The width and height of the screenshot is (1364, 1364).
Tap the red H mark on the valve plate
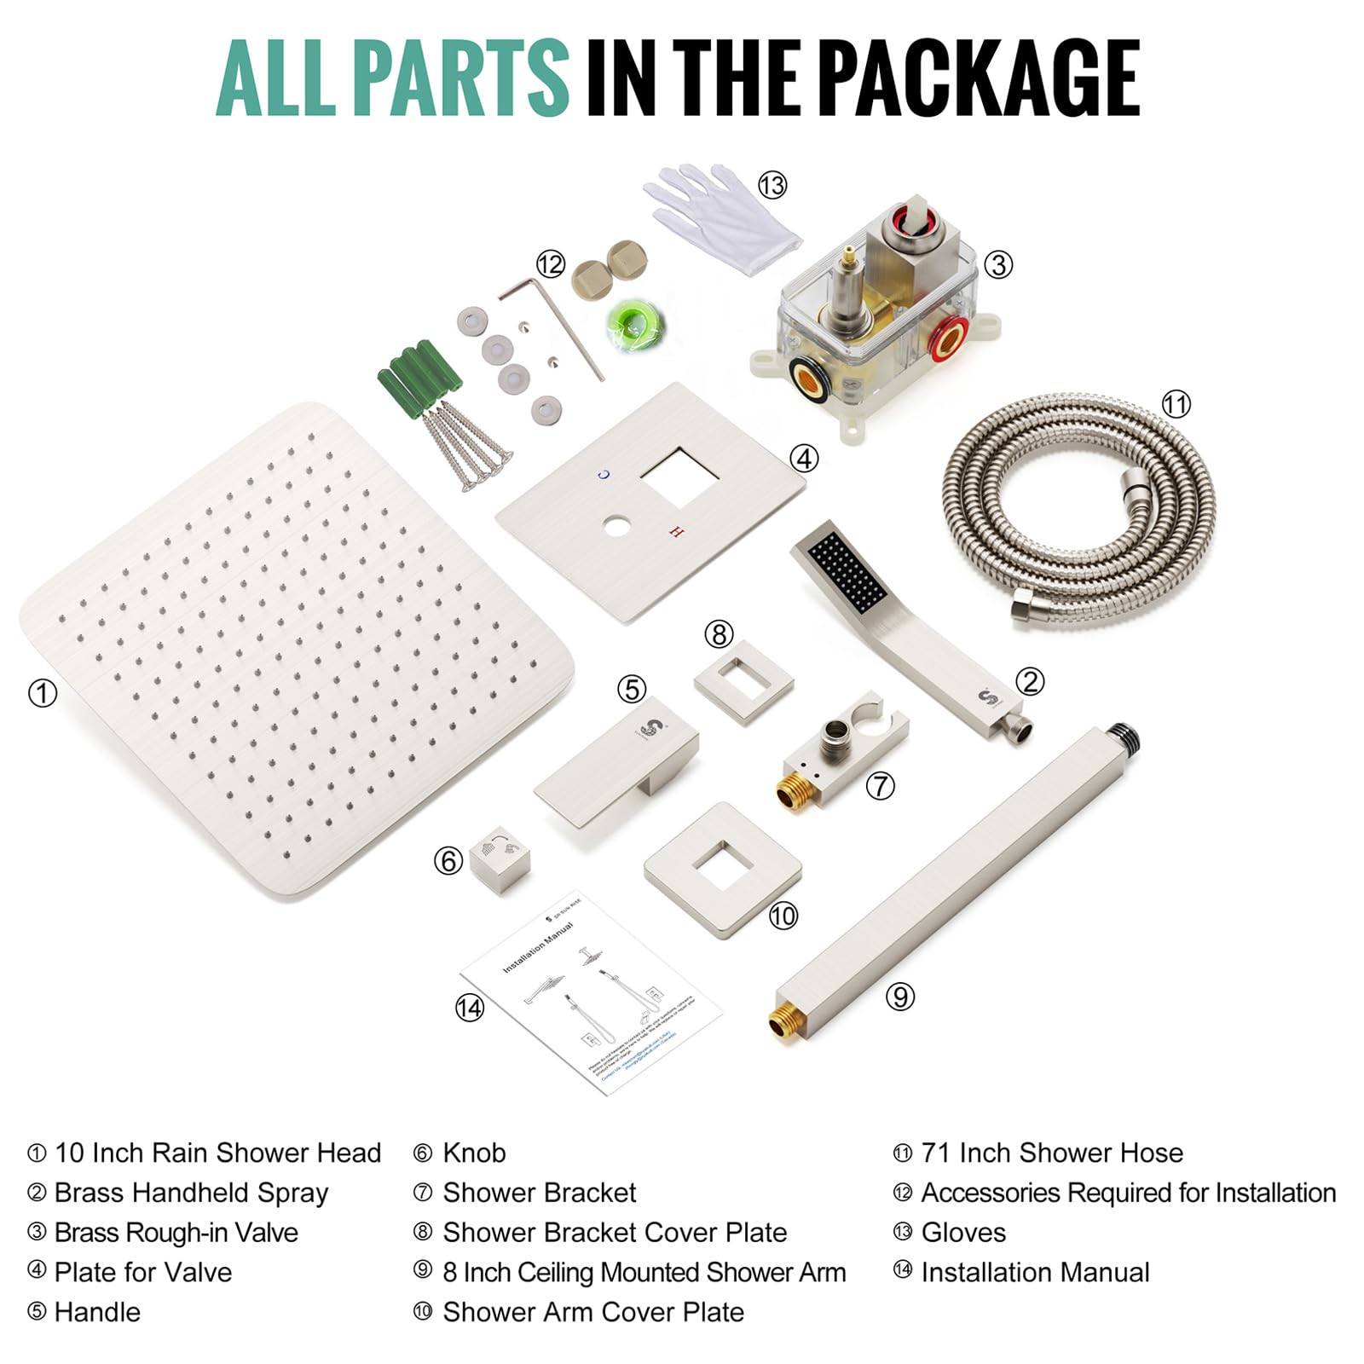677,532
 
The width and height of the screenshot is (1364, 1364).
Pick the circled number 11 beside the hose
1176,403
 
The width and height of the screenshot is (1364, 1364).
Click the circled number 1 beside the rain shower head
43,693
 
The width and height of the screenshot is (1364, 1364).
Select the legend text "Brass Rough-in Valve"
176,1233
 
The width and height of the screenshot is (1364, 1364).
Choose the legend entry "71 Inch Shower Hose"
1052,1153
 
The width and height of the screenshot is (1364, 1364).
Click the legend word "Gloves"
963,1233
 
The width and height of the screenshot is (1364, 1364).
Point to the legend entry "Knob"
474,1153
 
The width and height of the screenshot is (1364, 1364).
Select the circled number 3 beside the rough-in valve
998,264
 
